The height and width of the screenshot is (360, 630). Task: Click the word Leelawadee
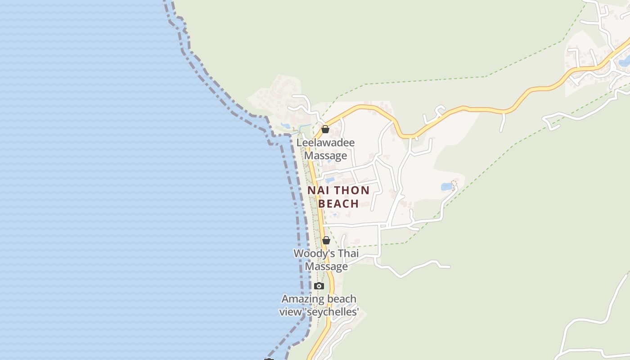click(325, 143)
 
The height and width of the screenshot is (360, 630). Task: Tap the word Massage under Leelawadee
click(326, 156)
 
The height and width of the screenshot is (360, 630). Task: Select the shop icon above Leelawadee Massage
click(325, 130)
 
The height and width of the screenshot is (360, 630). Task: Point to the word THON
click(351, 190)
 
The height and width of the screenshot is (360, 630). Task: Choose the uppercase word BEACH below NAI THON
click(338, 204)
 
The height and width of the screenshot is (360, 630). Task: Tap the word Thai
click(348, 253)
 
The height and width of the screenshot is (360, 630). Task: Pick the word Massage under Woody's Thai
click(327, 266)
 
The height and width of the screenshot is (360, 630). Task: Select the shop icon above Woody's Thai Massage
click(326, 240)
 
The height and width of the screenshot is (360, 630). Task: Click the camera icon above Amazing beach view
click(319, 286)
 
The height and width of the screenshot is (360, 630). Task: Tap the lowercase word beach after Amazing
click(342, 299)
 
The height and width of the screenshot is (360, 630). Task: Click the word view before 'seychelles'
click(289, 312)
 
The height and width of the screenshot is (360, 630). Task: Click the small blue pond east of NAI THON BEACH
click(446, 186)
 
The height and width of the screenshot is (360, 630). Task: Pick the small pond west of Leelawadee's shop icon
click(285, 126)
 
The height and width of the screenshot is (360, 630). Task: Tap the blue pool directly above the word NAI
click(330, 180)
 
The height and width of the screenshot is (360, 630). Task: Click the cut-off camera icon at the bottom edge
click(269, 359)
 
